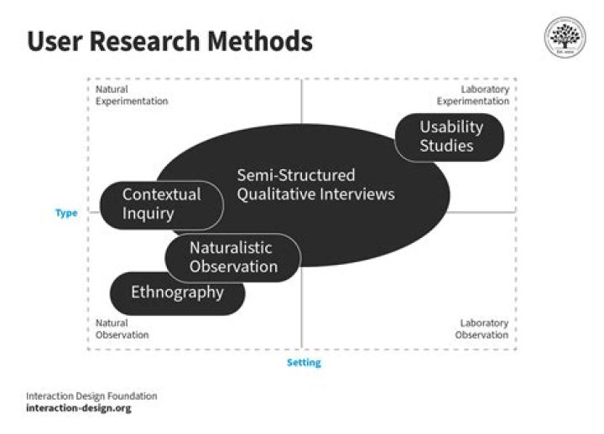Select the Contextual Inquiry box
[x=161, y=204]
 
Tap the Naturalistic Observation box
[x=232, y=257]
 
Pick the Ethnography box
[x=178, y=292]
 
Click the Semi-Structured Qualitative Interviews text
[x=315, y=185]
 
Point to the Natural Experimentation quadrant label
[x=132, y=95]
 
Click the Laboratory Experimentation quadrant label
[x=472, y=95]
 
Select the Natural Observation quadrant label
[x=122, y=328]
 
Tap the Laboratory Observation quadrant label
[x=482, y=328]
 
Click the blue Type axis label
[x=66, y=213]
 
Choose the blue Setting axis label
[x=304, y=363]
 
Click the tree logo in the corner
[x=565, y=37]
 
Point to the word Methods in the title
[x=267, y=41]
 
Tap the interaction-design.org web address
[x=79, y=409]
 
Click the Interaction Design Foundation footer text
[x=91, y=395]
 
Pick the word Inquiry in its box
[x=148, y=213]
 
